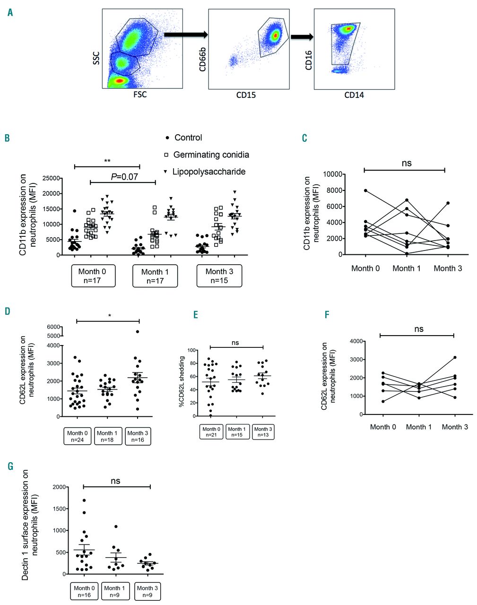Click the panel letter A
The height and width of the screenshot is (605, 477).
point(10,12)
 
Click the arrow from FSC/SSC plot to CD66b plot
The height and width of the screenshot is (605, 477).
point(185,35)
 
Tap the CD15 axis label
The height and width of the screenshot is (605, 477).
point(246,95)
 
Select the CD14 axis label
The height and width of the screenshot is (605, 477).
point(354,95)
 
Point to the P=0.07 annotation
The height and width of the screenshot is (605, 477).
point(124,176)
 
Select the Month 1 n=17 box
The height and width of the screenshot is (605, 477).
point(155,276)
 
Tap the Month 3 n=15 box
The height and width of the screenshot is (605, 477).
point(219,276)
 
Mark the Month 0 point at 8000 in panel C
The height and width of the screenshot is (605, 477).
point(365,190)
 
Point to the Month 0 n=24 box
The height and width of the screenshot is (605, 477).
point(77,436)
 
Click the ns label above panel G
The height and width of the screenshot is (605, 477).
point(116,481)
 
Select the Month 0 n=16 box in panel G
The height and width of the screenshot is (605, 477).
point(84,591)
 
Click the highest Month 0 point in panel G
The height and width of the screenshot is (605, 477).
point(84,500)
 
